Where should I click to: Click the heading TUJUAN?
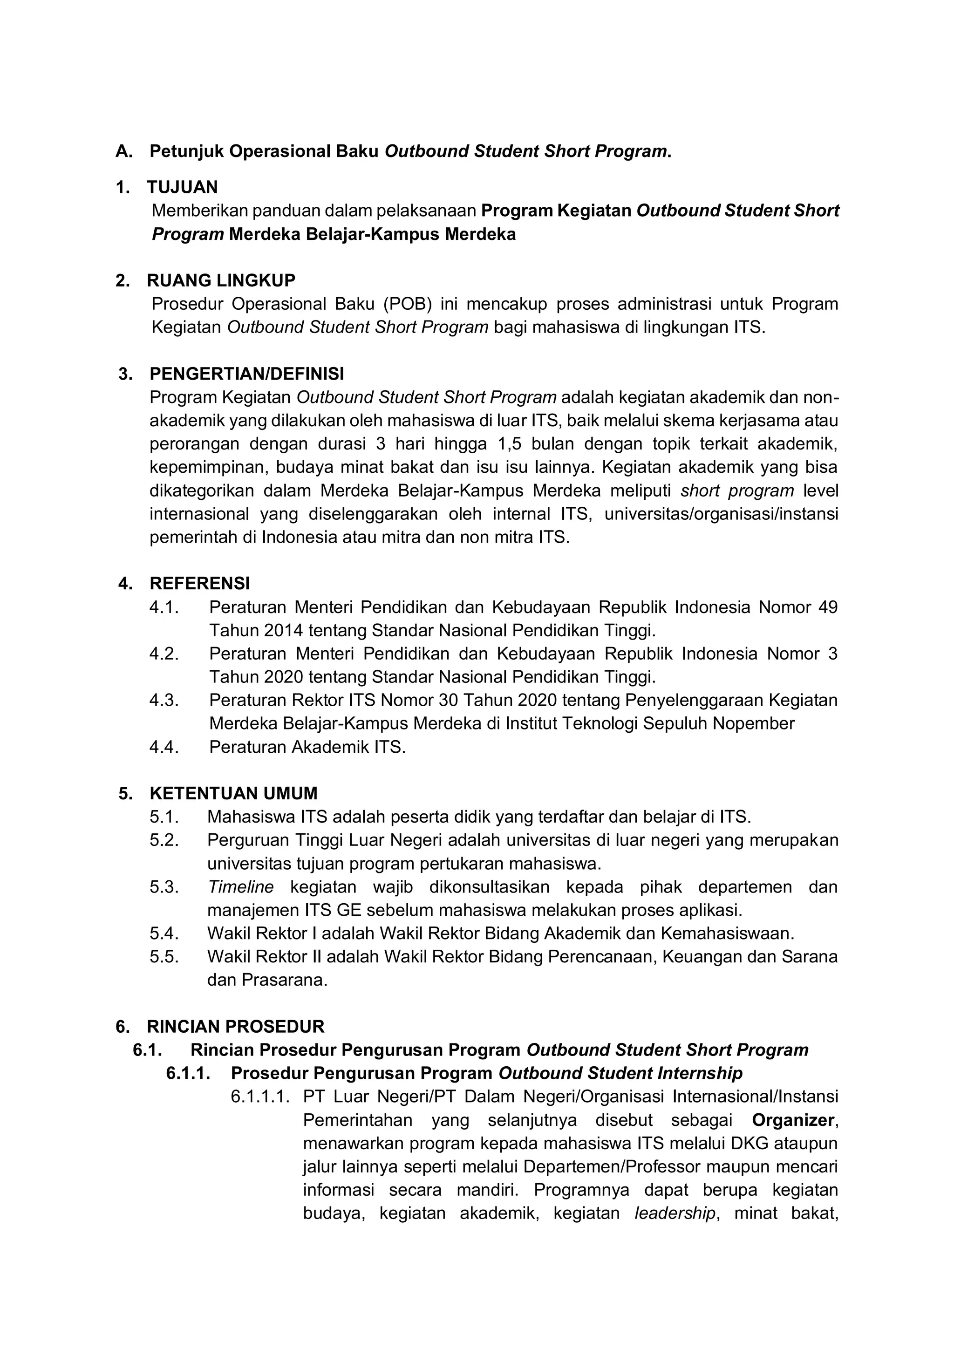(182, 187)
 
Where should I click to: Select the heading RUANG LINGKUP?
(221, 280)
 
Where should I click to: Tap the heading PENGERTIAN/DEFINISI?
(247, 374)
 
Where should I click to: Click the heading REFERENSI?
(200, 583)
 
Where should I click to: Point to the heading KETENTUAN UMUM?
(233, 793)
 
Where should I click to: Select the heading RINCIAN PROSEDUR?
(236, 1027)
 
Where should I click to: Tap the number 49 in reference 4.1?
(827, 607)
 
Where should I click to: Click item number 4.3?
(164, 700)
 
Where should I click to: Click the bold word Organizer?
(792, 1120)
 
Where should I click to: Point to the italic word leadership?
(675, 1213)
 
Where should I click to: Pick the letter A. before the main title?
(124, 151)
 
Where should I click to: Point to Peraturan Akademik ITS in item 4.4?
(307, 747)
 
